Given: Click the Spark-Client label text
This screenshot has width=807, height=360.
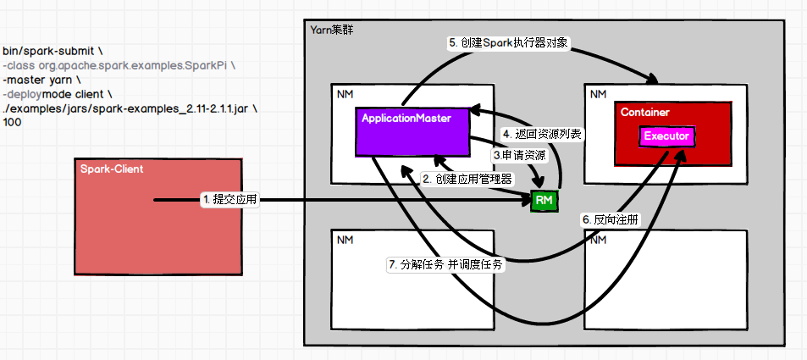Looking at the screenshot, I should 112,169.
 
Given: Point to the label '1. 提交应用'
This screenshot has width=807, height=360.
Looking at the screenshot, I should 229,200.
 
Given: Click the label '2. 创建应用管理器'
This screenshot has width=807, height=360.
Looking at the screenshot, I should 467,179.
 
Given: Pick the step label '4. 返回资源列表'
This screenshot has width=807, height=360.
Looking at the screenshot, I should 543,134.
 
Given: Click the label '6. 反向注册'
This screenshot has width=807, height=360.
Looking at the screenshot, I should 611,219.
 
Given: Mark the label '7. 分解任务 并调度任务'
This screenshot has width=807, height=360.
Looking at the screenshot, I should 445,265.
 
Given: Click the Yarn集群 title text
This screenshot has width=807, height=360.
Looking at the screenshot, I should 332,30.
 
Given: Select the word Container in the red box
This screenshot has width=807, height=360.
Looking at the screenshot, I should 644,112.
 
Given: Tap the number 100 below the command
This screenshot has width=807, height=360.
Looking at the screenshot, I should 12,123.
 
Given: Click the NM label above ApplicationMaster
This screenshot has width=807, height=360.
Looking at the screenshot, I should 345,92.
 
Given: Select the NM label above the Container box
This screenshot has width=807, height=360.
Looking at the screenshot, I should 599,92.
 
